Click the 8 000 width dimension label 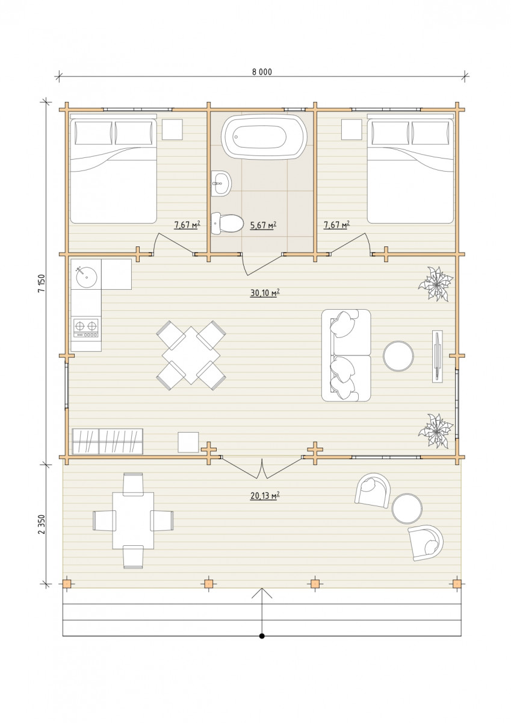(262, 72)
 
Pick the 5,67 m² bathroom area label (263, 225)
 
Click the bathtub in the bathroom (264, 137)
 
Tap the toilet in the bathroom (227, 223)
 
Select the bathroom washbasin (221, 183)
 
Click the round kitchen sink (87, 277)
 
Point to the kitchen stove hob (85, 328)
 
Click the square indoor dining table (191, 355)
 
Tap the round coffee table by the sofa (398, 356)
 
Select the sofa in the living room (346, 355)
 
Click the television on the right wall (437, 356)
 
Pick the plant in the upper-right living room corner (436, 284)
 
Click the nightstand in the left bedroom (172, 130)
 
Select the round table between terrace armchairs (406, 509)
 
